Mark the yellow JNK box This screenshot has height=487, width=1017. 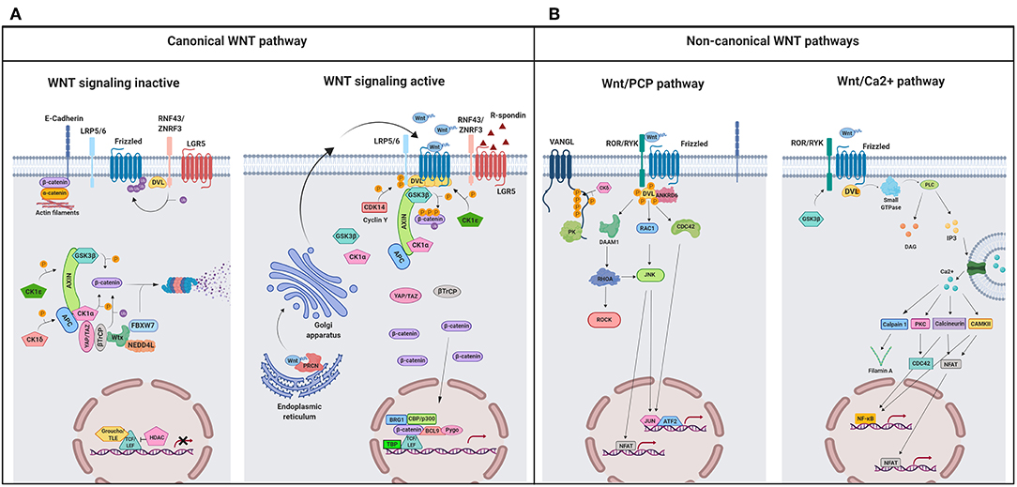tap(649, 275)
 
